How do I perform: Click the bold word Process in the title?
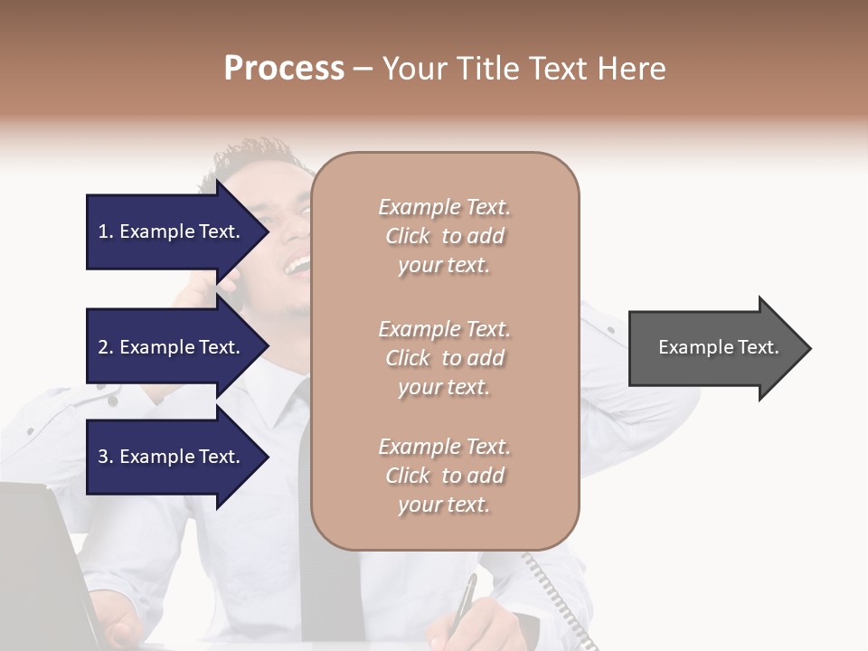click(284, 69)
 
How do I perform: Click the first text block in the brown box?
click(444, 236)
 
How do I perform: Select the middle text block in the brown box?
click(444, 358)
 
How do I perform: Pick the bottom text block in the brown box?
click(444, 476)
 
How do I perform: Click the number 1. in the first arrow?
click(106, 231)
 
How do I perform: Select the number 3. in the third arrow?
click(106, 457)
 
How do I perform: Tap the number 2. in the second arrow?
click(106, 347)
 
